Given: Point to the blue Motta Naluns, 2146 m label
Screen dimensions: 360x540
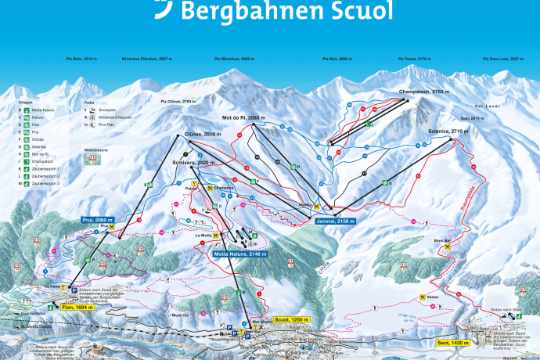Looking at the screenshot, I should [x=239, y=254].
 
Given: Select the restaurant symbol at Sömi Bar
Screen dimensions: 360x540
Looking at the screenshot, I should [x=447, y=246].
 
